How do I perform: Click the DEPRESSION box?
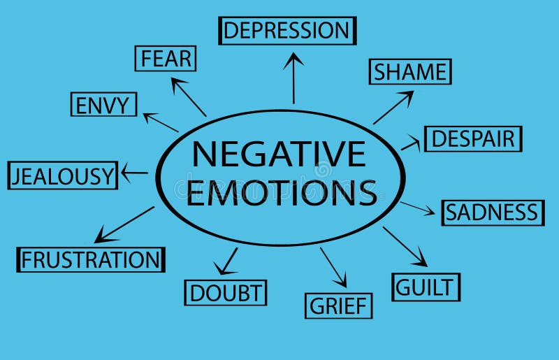pyautogui.click(x=287, y=31)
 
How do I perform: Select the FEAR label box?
pyautogui.click(x=166, y=59)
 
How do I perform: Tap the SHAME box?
pyautogui.click(x=410, y=72)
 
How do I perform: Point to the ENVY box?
pyautogui.click(x=103, y=106)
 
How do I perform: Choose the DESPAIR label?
pyautogui.click(x=472, y=138)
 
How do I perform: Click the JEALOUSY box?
pyautogui.click(x=63, y=175)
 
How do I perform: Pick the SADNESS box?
pyautogui.click(x=492, y=213)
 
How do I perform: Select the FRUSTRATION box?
pyautogui.click(x=91, y=260)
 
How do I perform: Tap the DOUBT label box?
pyautogui.click(x=225, y=292)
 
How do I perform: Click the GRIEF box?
pyautogui.click(x=339, y=305)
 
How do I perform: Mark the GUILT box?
pyautogui.click(x=426, y=287)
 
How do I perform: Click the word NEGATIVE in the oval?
pyautogui.click(x=279, y=154)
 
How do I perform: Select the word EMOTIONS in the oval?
pyautogui.click(x=282, y=192)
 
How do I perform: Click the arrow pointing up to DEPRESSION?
pyautogui.click(x=293, y=78)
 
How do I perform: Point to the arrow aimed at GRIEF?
pyautogui.click(x=333, y=267)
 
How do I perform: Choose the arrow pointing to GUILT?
pyautogui.click(x=405, y=246)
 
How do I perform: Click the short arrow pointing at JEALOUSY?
pyautogui.click(x=134, y=173)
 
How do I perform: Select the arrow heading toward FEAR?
pyautogui.click(x=189, y=97)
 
